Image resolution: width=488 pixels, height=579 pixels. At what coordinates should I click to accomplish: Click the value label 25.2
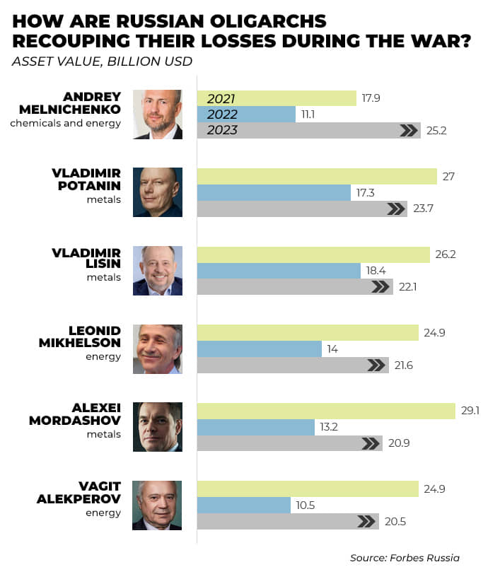click(437, 130)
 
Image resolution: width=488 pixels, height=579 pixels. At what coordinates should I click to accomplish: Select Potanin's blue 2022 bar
click(273, 192)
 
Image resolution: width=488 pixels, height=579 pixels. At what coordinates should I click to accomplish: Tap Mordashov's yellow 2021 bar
click(325, 411)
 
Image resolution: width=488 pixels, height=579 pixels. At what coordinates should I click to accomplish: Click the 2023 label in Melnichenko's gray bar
click(222, 130)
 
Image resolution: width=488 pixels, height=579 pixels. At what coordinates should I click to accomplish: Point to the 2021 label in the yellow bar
click(221, 98)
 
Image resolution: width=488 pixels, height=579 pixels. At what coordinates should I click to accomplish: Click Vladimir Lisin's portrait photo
click(158, 270)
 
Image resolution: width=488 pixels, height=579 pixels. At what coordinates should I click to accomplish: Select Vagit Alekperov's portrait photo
click(158, 505)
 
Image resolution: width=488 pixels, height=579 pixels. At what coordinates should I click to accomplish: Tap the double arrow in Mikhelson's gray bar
click(377, 365)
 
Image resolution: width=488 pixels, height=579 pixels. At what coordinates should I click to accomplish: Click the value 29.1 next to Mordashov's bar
click(470, 411)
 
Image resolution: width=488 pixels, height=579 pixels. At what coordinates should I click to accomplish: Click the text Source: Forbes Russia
click(405, 558)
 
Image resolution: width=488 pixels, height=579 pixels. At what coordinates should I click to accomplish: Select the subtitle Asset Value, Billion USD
click(102, 61)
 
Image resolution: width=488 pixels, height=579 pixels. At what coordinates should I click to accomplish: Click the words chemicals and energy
click(65, 123)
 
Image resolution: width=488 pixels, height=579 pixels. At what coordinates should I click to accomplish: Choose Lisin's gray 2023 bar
click(294, 286)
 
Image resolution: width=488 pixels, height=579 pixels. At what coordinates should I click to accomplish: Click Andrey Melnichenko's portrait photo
click(158, 114)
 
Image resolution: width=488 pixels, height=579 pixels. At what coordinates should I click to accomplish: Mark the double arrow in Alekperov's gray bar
click(366, 521)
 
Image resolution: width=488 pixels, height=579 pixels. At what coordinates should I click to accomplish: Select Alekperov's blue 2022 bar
click(243, 505)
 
